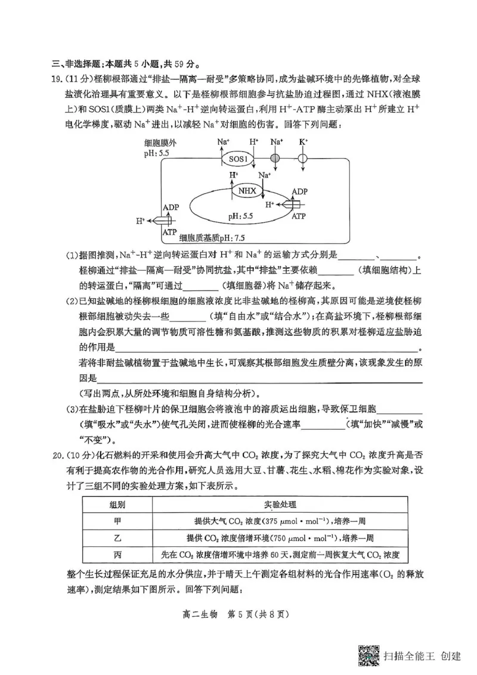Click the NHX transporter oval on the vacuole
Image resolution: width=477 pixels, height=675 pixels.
[247, 191]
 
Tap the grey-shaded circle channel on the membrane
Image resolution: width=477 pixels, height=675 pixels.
[275, 159]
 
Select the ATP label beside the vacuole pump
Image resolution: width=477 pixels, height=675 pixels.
[299, 216]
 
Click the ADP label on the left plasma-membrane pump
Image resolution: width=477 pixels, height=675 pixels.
[171, 207]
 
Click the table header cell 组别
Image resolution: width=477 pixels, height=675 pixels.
[117, 504]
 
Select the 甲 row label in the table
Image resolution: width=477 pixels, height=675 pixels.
[117, 521]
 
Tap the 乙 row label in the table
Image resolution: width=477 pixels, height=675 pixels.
[117, 537]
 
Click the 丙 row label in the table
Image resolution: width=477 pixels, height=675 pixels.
[117, 555]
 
